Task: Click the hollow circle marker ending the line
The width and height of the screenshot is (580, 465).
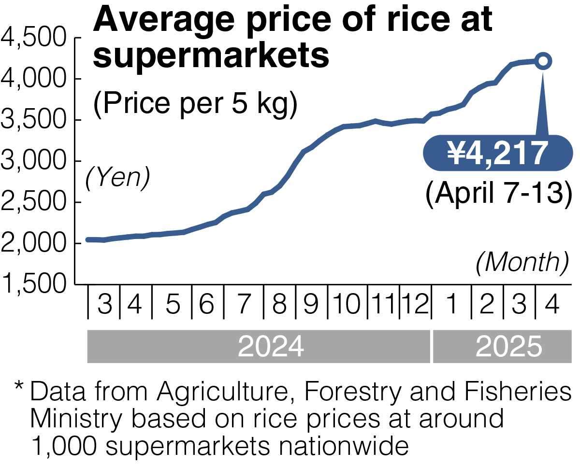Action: pos(543,61)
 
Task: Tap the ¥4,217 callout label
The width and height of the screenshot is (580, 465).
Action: pos(497,153)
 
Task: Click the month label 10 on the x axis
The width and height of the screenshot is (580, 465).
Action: pos(348,305)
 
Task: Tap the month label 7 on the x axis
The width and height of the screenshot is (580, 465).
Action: pos(244,305)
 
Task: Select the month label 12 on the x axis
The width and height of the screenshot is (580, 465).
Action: pos(415,305)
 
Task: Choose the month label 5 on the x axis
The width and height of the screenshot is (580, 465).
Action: pos(172,305)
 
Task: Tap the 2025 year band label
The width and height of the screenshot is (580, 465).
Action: pos(508,346)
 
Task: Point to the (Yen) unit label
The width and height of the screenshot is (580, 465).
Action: pos(118,178)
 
